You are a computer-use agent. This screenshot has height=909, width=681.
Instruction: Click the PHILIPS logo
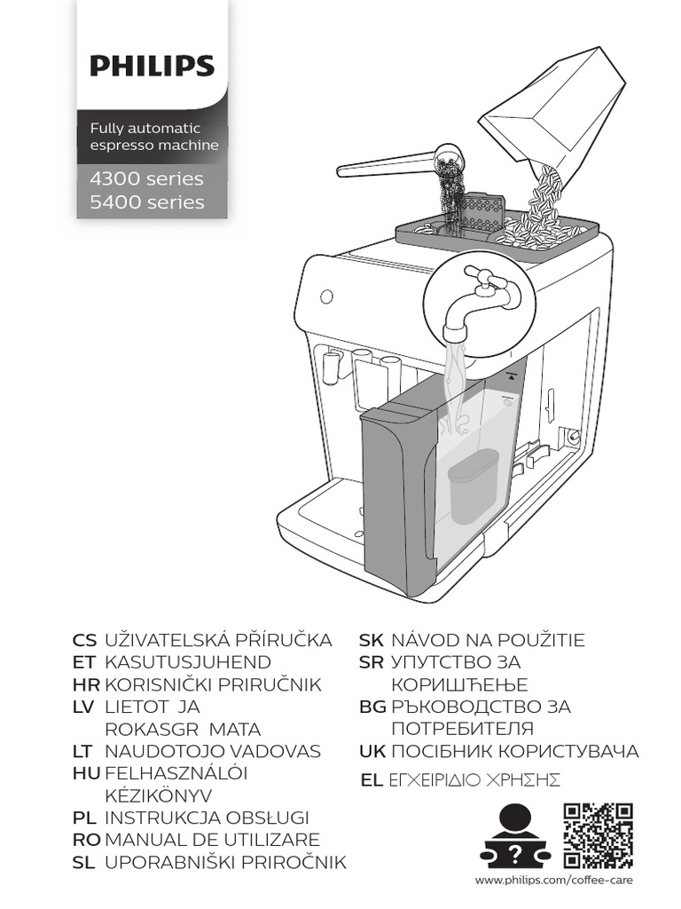(152, 67)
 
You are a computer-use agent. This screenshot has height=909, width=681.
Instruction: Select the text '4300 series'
(147, 178)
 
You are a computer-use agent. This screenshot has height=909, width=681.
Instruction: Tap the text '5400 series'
(147, 202)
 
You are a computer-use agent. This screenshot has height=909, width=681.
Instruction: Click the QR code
(599, 835)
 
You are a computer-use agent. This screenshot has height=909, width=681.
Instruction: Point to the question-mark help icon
(515, 835)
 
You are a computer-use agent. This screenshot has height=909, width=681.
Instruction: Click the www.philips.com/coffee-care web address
(554, 880)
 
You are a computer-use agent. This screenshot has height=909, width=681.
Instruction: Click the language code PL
(83, 818)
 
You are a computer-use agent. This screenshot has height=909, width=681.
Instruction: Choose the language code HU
(85, 773)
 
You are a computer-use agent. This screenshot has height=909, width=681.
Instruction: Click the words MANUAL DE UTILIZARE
(212, 840)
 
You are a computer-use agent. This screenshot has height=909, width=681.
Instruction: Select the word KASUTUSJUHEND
(188, 662)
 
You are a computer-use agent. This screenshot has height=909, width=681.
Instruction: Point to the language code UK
(372, 751)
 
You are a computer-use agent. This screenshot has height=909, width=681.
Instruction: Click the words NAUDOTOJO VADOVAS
(212, 751)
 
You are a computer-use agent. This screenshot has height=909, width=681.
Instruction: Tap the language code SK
(372, 640)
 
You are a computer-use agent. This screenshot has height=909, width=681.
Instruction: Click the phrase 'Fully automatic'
(145, 129)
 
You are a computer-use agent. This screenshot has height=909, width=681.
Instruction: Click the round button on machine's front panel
(323, 295)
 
